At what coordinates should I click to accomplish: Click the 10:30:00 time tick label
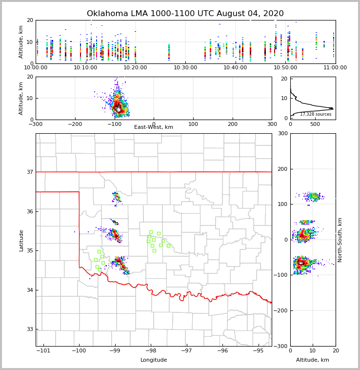[185, 67]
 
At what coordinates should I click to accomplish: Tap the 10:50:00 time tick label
[285, 67]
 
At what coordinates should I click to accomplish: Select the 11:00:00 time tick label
[335, 67]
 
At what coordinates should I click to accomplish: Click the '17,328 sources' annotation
[316, 114]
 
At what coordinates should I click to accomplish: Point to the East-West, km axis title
[154, 127]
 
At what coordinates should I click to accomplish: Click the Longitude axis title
[154, 360]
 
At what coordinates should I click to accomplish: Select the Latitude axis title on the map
[21, 240]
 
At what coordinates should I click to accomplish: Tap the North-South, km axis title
[340, 240]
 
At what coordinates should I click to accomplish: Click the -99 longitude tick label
[115, 350]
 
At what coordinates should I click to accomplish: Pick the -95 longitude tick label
[258, 350]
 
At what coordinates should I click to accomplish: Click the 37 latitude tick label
[29, 172]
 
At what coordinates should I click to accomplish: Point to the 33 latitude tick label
[29, 329]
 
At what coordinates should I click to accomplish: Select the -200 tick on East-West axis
[75, 124]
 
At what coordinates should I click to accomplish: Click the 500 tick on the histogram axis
[315, 124]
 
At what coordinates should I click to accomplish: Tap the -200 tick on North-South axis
[281, 310]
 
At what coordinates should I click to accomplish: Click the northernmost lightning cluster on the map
[116, 197]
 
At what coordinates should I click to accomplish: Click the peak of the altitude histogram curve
[332, 108]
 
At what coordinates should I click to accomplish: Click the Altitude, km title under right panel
[313, 360]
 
